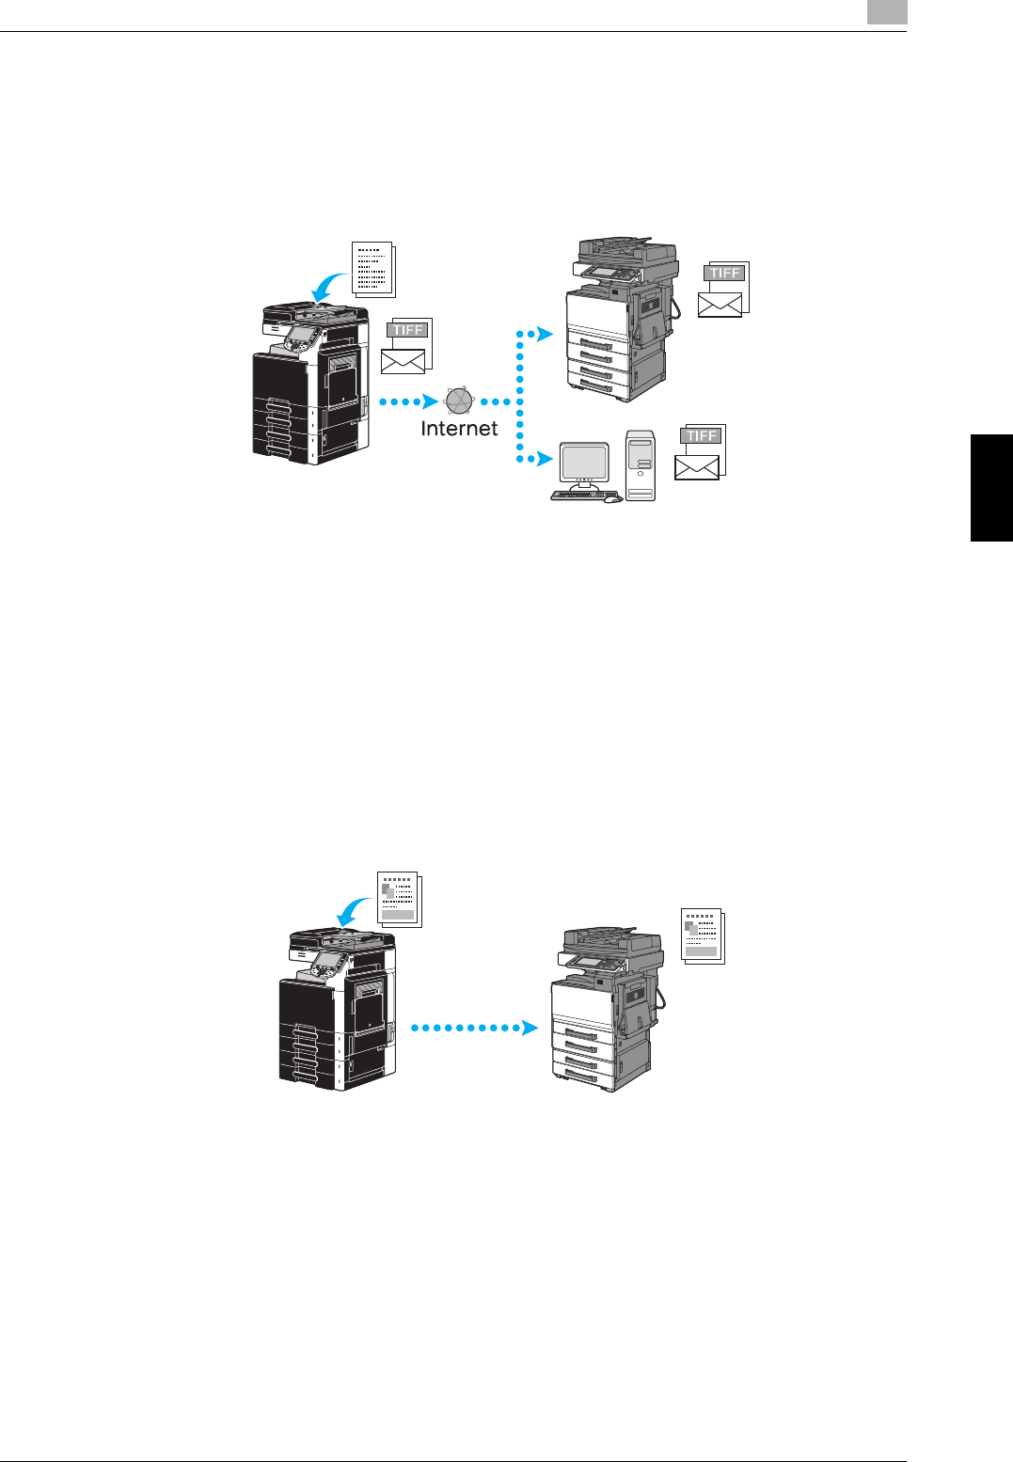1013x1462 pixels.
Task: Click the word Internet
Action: [x=459, y=429]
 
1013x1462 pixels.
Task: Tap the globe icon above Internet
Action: [x=459, y=401]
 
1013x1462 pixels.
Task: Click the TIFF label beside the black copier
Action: [x=408, y=330]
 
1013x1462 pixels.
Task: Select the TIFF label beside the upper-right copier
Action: [x=725, y=273]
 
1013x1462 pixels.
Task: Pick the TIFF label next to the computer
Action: [x=702, y=435]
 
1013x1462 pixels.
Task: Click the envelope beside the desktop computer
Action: [x=697, y=467]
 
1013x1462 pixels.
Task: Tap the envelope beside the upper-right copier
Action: [x=720, y=304]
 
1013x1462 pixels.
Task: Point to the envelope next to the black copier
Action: [x=403, y=361]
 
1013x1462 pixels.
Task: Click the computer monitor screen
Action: [x=583, y=462]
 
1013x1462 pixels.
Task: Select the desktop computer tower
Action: [x=641, y=465]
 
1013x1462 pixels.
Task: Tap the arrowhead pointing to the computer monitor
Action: [x=543, y=459]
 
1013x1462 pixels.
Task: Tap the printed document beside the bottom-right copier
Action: [x=702, y=935]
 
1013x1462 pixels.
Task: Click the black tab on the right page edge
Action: [x=991, y=486]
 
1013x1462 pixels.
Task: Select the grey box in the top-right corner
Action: [x=887, y=11]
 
